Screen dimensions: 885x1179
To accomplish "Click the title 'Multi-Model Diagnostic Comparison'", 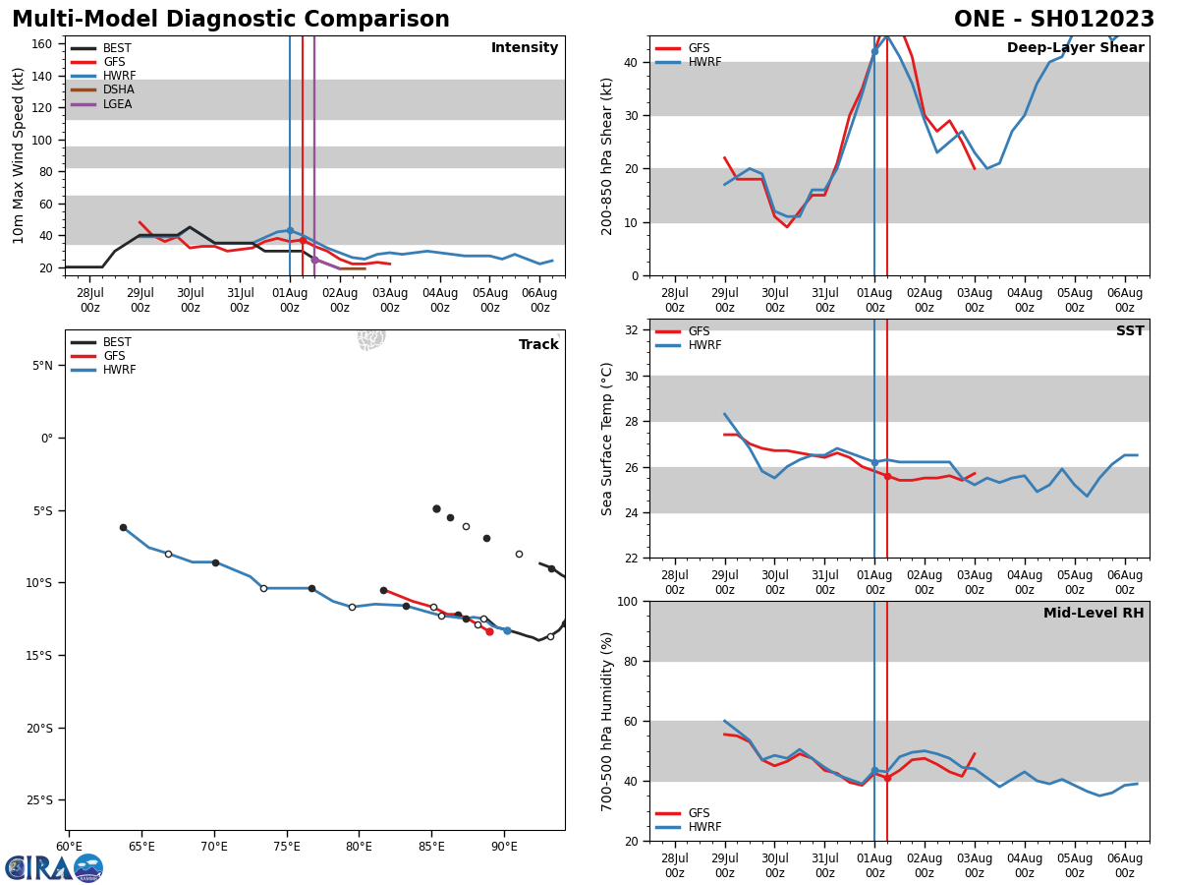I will coord(230,20).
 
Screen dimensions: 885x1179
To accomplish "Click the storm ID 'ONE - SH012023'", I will coord(1054,20).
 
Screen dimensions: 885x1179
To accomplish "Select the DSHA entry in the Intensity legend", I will coord(119,89).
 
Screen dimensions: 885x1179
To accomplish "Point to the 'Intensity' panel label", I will coord(525,48).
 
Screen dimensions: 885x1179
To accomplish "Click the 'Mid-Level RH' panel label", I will coord(1094,614).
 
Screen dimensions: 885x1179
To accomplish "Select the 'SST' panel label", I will coord(1130,331).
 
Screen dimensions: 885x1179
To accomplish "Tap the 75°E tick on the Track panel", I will coord(286,847).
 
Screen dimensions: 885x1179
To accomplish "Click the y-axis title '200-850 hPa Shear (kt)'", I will coord(608,155).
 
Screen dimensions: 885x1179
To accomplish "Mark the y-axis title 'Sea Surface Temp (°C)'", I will coord(608,439).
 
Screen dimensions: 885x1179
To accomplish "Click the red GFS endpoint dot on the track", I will coord(489,631).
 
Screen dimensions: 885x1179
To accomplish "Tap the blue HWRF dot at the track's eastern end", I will coord(507,630).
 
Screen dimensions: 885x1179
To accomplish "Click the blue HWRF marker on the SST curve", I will coord(874,462).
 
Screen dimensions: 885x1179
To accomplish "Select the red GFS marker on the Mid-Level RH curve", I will coord(887,778).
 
